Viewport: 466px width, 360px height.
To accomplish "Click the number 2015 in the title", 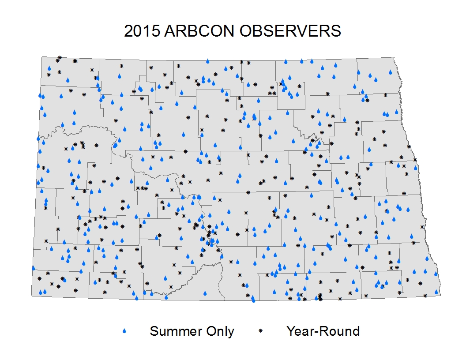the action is [142, 31].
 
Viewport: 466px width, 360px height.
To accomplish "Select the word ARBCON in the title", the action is [199, 31].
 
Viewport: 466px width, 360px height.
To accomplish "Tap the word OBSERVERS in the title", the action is [290, 31].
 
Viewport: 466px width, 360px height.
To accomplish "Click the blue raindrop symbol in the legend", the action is [124, 331].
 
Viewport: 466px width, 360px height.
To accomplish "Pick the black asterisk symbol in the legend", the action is [261, 330].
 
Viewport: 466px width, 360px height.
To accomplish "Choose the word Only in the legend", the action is [220, 331].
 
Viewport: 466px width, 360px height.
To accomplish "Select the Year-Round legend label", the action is [323, 331].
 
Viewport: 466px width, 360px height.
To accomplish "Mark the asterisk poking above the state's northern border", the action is [60, 57].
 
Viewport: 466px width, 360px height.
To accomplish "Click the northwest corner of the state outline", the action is [41, 57].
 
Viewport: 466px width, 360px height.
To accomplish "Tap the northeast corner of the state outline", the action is [394, 57].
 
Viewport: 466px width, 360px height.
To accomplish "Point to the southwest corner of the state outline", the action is [31, 296].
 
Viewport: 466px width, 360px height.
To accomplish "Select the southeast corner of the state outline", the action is [440, 295].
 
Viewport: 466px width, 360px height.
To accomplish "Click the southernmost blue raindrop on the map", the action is [253, 300].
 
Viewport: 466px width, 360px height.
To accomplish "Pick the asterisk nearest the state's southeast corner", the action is [425, 296].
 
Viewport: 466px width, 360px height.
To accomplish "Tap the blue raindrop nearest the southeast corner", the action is [436, 292].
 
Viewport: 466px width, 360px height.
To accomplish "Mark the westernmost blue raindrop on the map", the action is [33, 268].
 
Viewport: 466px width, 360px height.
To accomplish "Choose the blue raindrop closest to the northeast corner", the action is [390, 72].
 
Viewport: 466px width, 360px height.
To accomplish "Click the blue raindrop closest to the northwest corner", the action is [49, 68].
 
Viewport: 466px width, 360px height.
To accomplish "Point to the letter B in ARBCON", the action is [191, 31].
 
